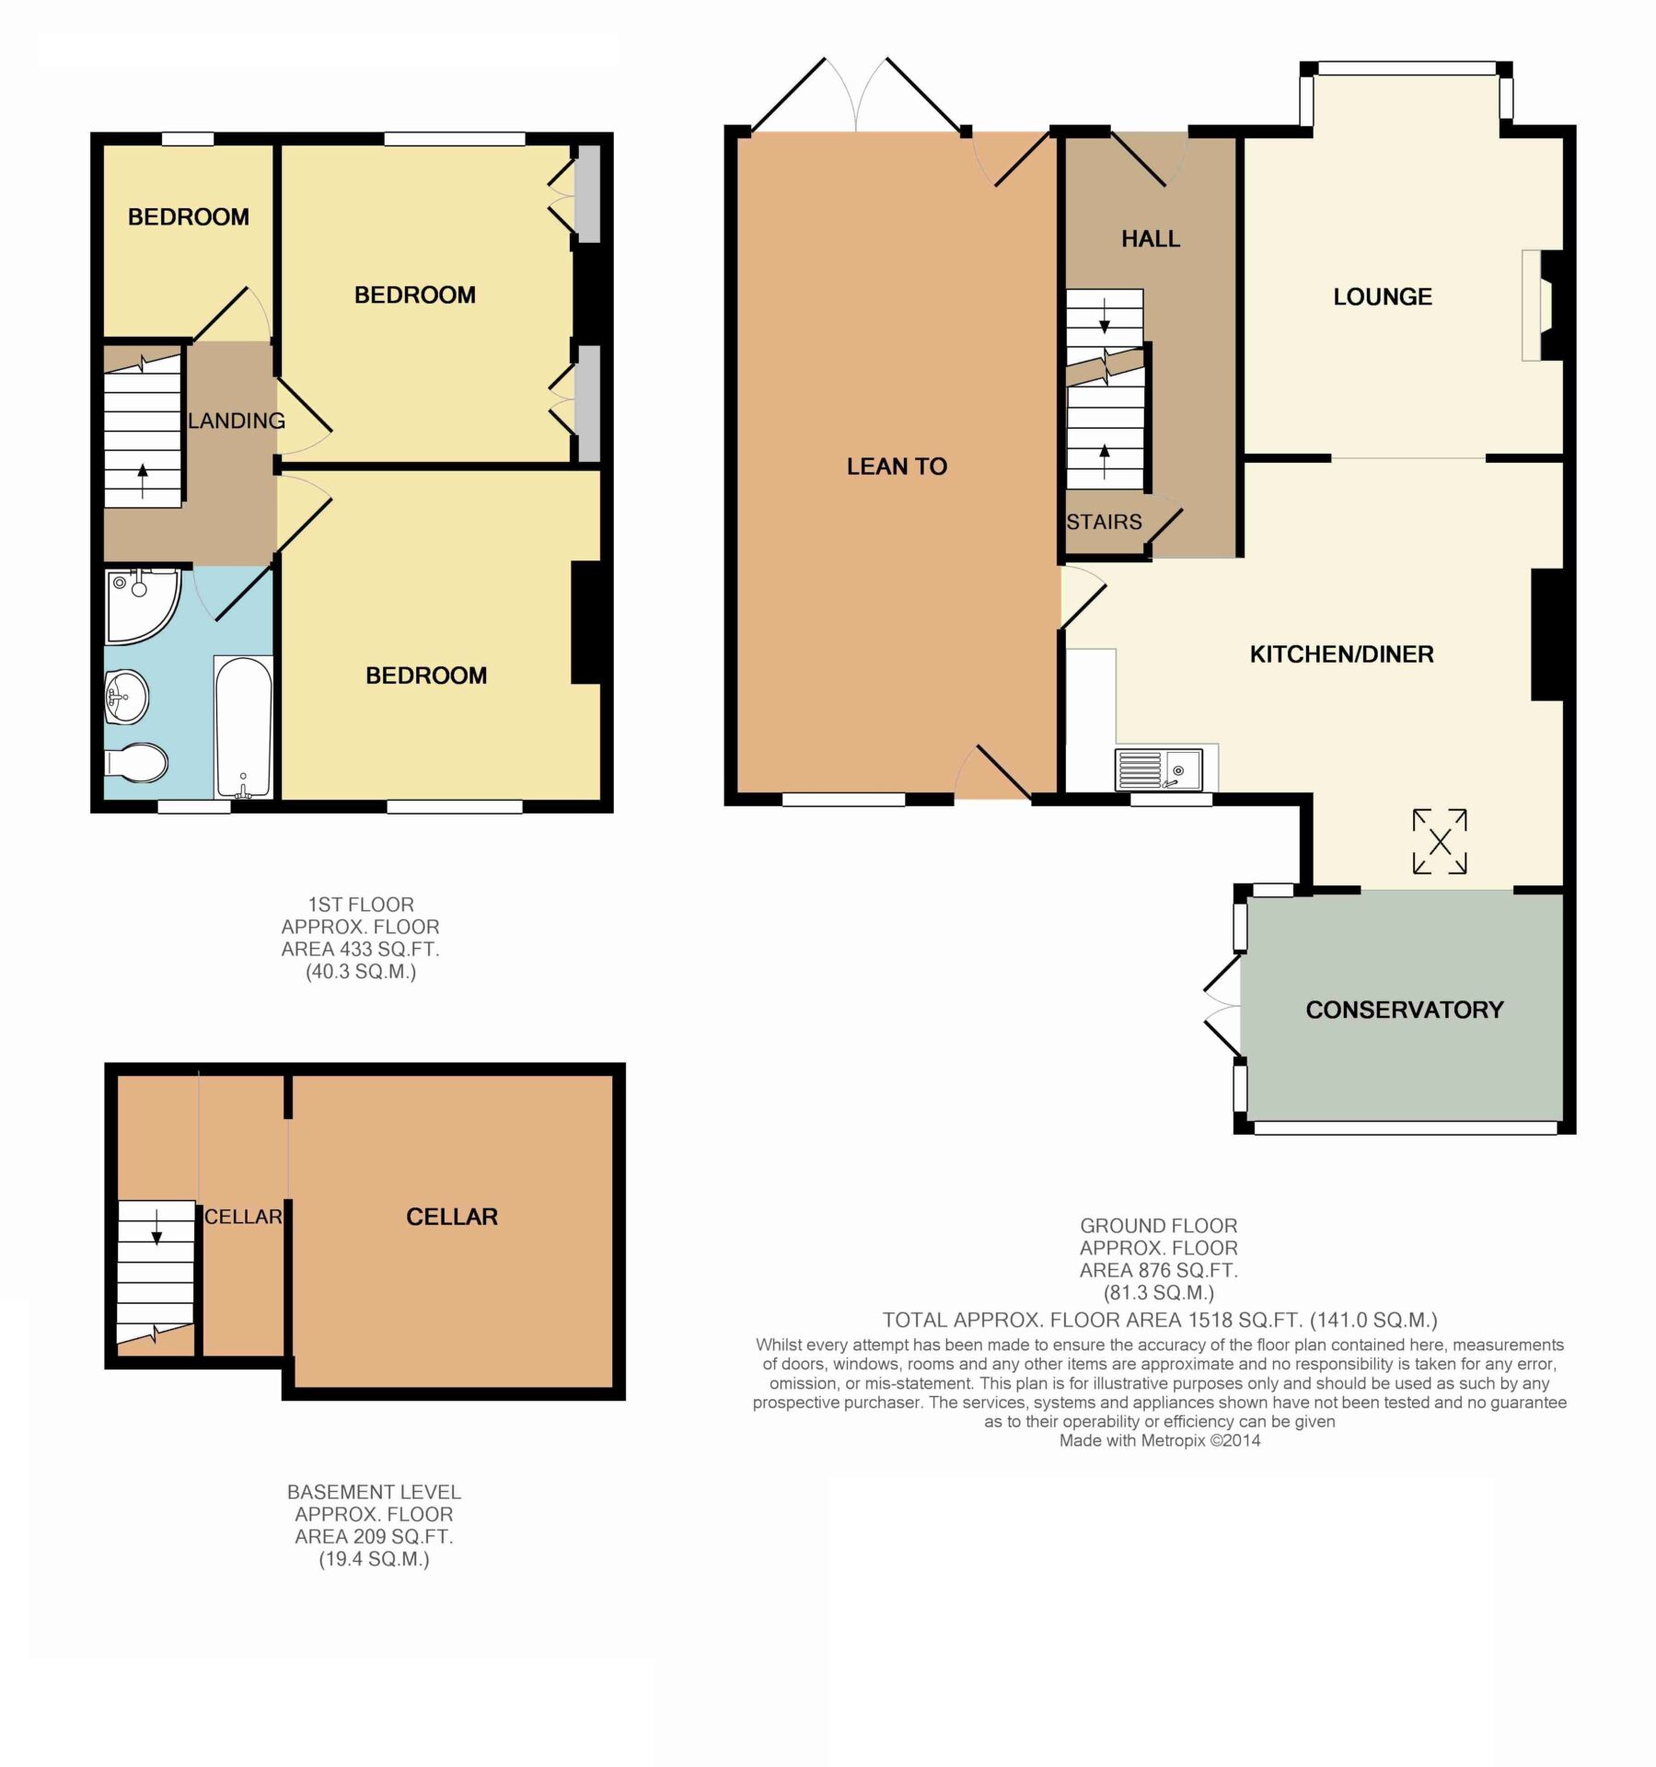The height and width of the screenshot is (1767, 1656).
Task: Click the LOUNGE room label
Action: point(1383,296)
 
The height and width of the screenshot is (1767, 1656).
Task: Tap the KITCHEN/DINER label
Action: point(1341,654)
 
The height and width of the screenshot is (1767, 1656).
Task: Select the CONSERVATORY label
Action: point(1405,1010)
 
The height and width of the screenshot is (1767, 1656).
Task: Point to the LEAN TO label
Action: point(897,467)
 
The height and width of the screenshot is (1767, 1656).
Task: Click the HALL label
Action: point(1151,239)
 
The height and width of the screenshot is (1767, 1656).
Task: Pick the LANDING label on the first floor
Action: point(237,421)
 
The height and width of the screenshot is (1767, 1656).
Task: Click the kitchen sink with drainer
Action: point(1158,769)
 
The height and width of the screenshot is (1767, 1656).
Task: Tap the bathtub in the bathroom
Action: point(243,727)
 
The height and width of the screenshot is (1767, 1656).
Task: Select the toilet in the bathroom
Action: point(136,762)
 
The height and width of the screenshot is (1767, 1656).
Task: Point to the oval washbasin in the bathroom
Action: point(126,697)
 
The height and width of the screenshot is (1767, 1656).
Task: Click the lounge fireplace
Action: point(1542,306)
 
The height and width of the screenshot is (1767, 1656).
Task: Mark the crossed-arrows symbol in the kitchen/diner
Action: point(1440,841)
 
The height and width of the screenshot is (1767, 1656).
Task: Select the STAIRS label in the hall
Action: point(1104,522)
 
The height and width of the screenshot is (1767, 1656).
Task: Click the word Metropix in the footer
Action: point(1172,1440)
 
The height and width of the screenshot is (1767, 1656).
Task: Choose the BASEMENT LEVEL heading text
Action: point(374,1492)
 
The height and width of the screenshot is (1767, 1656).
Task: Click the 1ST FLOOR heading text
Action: point(361,905)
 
